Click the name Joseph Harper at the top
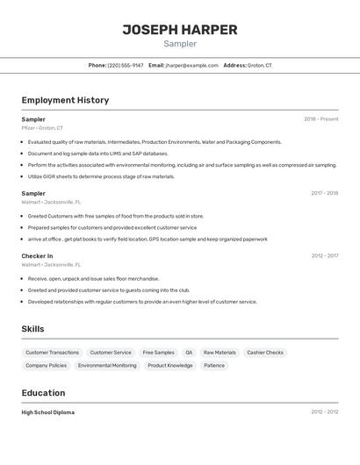pos(179,30)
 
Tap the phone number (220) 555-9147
pos(126,65)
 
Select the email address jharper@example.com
pos(191,65)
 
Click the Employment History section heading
pos(65,100)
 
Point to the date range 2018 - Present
pos(320,119)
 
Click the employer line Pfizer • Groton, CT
pos(42,128)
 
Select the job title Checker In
pos(37,256)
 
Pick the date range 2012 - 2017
pos(324,256)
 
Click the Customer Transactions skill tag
pos(52,353)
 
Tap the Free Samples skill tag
pos(158,353)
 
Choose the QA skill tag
pos(189,353)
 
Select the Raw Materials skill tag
pos(220,353)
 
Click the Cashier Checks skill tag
pos(265,353)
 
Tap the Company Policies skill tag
pos(46,366)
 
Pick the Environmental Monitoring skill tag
pos(107,366)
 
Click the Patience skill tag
pos(214,366)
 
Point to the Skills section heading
pos(33,329)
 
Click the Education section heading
pos(43,393)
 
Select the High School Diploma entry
pos(47,412)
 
